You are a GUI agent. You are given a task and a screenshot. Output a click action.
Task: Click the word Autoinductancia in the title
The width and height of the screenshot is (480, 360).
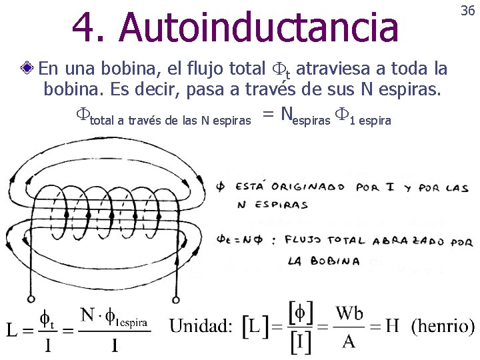[261, 27]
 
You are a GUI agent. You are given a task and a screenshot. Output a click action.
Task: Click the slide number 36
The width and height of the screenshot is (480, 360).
[467, 11]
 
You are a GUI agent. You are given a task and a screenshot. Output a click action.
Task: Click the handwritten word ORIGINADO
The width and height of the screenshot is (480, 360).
[313, 187]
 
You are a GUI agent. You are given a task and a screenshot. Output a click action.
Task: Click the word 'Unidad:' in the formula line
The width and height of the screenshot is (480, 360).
[201, 326]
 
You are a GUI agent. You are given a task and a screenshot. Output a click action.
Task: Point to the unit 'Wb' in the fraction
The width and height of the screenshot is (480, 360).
[349, 313]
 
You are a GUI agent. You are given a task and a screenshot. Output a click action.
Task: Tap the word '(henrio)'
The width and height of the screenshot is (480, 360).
[443, 326]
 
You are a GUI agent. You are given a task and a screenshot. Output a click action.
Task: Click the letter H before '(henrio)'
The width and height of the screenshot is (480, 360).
[392, 326]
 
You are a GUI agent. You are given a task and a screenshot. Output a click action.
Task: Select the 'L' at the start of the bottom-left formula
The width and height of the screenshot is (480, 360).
[13, 329]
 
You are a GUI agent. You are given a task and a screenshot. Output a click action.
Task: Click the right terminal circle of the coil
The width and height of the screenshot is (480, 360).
[176, 299]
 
